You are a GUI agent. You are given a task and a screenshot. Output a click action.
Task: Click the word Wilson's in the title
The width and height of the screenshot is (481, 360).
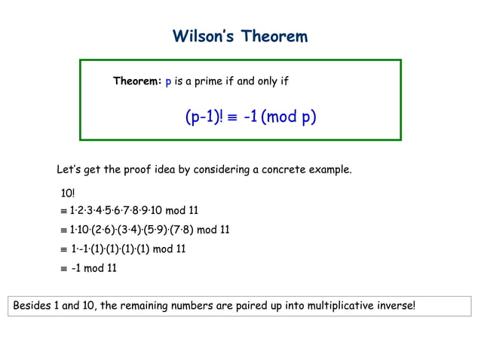click(203, 36)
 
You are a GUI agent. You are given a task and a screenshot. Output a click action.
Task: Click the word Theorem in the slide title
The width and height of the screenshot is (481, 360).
click(275, 36)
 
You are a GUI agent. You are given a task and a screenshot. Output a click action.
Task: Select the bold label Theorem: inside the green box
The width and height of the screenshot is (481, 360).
click(137, 81)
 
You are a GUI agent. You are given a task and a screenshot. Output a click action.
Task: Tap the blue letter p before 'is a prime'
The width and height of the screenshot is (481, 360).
click(168, 81)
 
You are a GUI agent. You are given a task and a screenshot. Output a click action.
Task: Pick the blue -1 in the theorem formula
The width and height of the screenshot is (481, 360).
click(250, 117)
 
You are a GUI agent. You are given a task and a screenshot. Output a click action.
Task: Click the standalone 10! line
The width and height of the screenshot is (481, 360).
click(68, 194)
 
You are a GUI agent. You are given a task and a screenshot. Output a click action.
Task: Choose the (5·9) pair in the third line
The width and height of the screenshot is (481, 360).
click(158, 230)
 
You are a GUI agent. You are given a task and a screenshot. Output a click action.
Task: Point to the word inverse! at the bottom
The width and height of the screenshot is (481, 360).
click(394, 307)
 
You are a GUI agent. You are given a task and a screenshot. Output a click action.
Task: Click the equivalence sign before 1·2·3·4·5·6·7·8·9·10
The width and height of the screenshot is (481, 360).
click(64, 211)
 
